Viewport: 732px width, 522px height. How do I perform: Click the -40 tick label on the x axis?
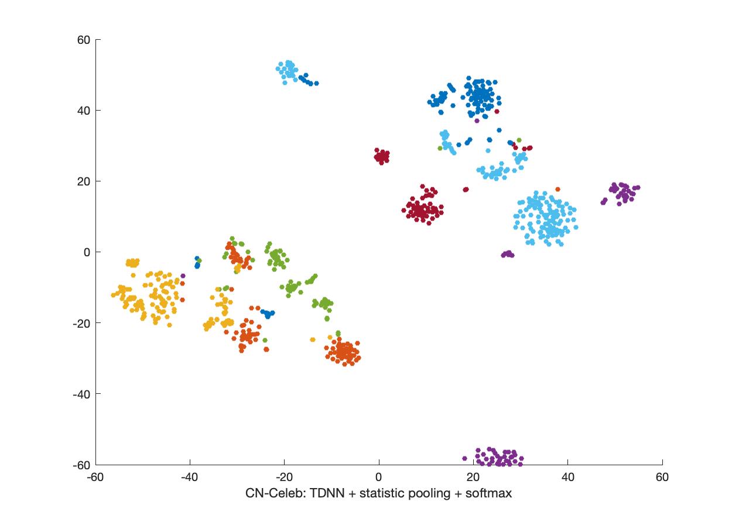pos(190,477)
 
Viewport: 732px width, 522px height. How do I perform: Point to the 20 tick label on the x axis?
pos(473,477)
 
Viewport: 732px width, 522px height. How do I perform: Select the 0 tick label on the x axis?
pos(379,477)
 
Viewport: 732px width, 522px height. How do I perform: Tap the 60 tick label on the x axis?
pos(662,477)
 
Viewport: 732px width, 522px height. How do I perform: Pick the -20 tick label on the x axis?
pos(284,477)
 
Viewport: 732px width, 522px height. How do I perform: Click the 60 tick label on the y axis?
pos(83,40)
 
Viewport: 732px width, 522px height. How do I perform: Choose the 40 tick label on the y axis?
pos(83,111)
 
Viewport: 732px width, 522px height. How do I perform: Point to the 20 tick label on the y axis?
pos(83,181)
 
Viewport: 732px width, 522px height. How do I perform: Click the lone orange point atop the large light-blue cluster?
pos(557,189)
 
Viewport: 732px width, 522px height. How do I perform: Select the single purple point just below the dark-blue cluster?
pos(477,121)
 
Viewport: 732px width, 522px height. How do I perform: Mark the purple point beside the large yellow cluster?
pos(183,276)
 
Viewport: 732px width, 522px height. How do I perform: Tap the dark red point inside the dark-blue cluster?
pos(497,111)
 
